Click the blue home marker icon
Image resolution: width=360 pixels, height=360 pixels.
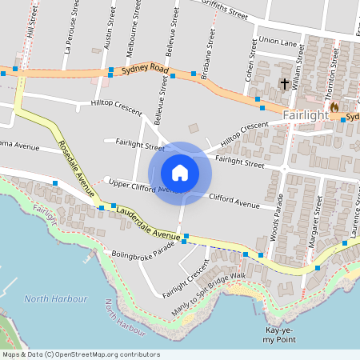[x=180, y=173]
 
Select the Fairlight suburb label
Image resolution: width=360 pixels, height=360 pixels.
[x=306, y=116]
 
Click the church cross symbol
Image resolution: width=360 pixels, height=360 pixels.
[x=284, y=83]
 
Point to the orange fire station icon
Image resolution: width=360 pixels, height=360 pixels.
[x=334, y=106]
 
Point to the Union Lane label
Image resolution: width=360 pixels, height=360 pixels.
[x=278, y=41]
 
